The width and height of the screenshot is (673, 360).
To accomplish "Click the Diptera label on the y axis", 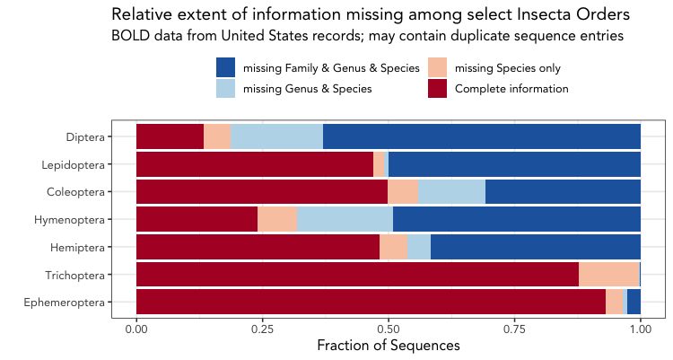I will pos(85,137).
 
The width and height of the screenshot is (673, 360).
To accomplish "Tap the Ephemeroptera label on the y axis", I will pos(73,302).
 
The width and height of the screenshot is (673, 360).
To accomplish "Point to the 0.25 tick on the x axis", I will pos(262,329).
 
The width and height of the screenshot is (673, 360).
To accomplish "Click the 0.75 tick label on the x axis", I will pos(514,329).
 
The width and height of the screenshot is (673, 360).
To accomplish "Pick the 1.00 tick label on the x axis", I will pos(640,329).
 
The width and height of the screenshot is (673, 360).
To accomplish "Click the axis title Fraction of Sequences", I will pos(389,346).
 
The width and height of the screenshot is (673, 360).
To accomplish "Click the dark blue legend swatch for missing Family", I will pos(225,67).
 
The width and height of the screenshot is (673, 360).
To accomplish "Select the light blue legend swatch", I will pos(225,88).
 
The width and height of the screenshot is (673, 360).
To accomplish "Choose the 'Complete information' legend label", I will pos(511,89).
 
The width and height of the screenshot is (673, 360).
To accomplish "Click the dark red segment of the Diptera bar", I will pos(170,136).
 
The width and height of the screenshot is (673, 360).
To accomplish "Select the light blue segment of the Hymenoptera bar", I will pos(345,219).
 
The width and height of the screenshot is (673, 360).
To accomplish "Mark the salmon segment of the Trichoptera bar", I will pos(608,274).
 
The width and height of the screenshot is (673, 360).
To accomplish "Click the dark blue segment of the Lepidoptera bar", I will pos(514,164).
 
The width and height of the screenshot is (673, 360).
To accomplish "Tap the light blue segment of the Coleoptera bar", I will pos(451,191).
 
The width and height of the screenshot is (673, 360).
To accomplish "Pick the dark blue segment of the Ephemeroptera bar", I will pos(634,302).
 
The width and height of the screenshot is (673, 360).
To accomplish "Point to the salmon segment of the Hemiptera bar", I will pos(393,247).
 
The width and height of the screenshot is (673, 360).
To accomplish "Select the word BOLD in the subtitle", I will pos(129,36).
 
